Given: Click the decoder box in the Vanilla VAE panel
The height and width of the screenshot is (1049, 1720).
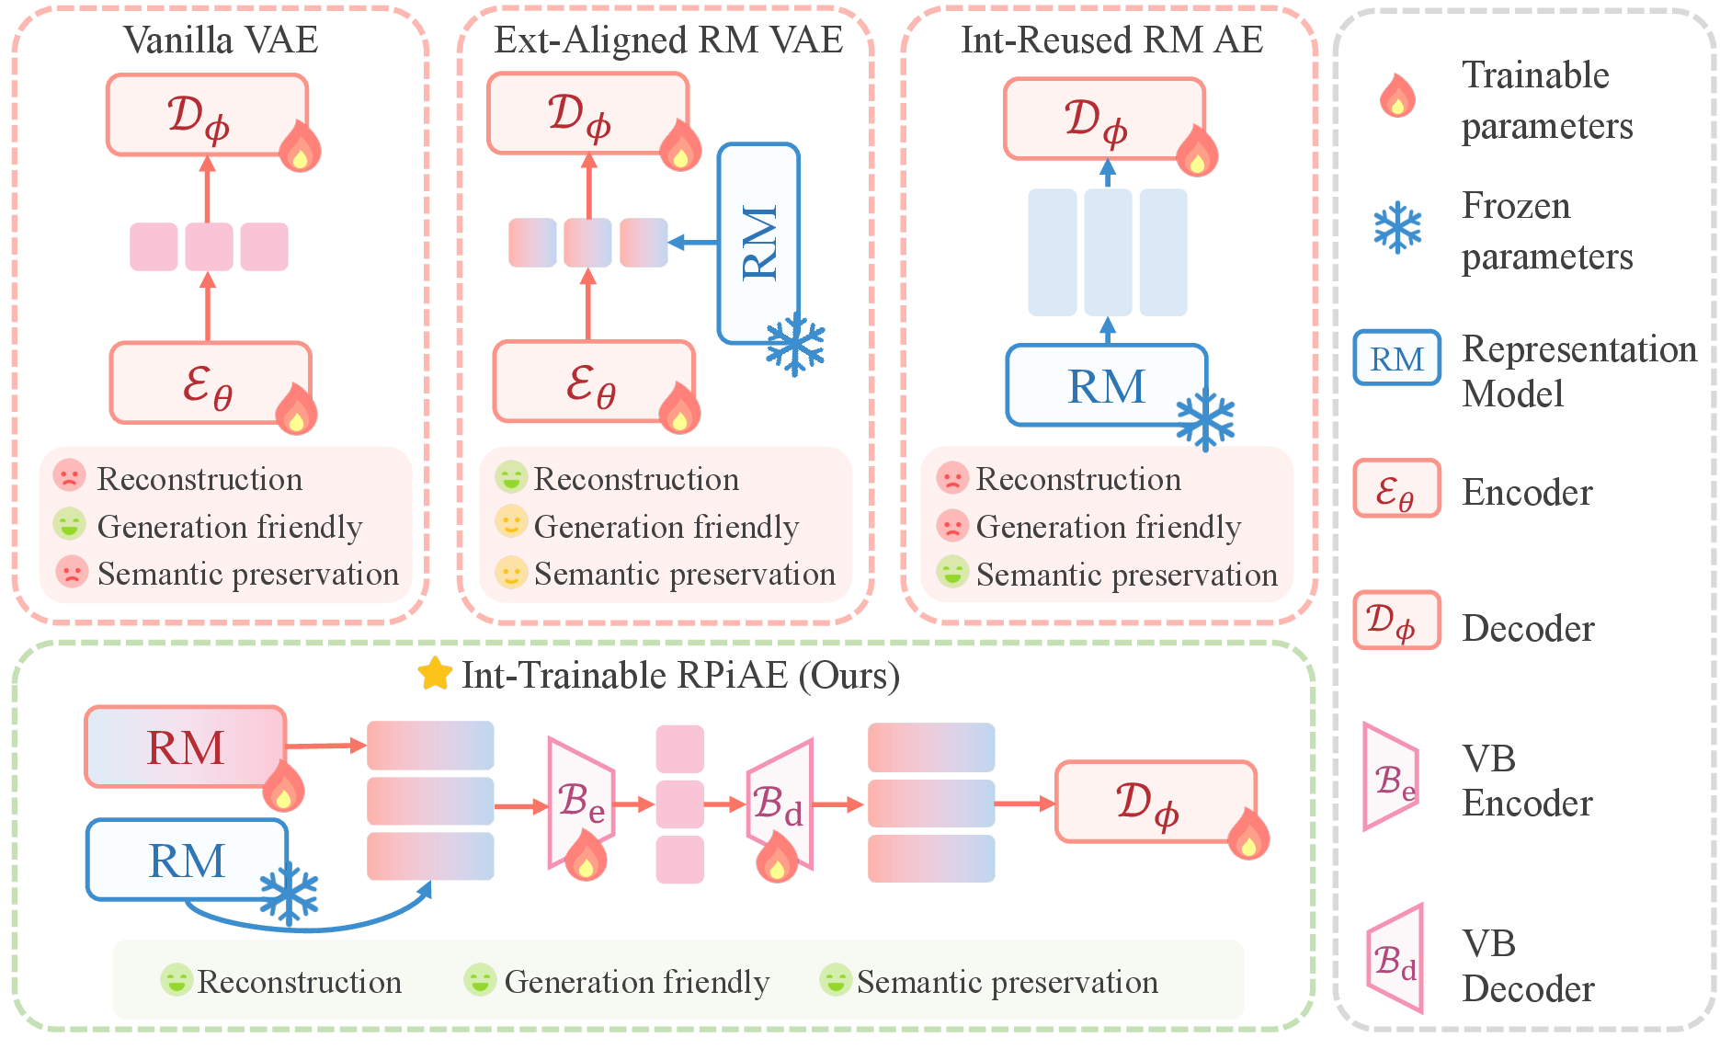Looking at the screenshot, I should (207, 114).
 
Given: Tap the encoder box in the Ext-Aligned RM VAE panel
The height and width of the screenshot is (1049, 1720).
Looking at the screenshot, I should (593, 382).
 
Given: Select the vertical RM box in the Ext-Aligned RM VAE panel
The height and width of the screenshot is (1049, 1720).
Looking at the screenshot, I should (757, 243).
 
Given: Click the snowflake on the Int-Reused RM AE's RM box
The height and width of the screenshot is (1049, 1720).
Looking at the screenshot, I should (1205, 421).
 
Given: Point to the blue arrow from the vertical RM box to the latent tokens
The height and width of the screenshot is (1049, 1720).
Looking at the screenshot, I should (694, 243).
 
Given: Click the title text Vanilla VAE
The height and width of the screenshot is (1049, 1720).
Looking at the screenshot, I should (221, 40).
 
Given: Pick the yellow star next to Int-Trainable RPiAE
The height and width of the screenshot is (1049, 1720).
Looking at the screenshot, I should (435, 674).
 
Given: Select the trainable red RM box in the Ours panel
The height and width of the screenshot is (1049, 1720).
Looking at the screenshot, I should (185, 746).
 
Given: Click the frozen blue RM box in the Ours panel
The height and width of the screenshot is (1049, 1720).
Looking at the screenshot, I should (187, 860).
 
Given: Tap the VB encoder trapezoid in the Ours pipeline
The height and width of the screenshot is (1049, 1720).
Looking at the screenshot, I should (580, 802).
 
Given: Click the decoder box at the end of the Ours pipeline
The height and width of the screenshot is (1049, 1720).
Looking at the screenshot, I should (1155, 802).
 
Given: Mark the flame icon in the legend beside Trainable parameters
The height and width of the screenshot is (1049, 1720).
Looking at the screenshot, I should (1397, 97).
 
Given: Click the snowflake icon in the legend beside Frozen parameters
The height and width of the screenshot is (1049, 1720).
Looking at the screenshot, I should (1397, 228).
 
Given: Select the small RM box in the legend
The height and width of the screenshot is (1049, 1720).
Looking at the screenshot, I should (1396, 358).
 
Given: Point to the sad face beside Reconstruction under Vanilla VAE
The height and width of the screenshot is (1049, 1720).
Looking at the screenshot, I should (69, 476).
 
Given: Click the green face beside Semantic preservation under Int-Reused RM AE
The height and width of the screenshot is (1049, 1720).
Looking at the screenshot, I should (952, 572).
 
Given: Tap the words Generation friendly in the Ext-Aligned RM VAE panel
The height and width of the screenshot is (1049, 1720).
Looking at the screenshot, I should (666, 527).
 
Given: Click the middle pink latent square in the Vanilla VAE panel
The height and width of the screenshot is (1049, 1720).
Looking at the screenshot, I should (209, 246).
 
